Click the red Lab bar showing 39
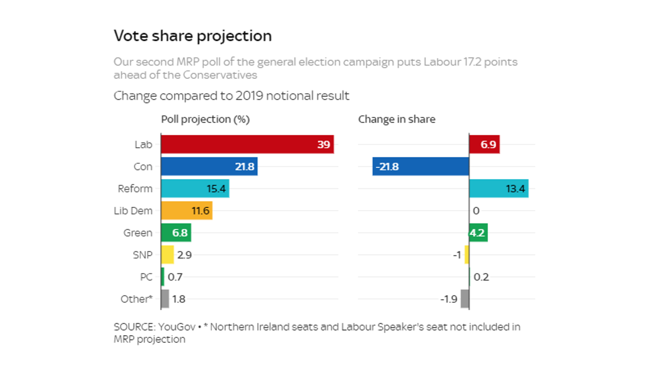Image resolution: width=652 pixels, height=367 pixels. pyautogui.click(x=247, y=144)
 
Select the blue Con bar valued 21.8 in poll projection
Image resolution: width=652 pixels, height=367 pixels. pyautogui.click(x=209, y=166)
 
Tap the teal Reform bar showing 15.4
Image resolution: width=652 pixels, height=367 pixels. pyautogui.click(x=195, y=188)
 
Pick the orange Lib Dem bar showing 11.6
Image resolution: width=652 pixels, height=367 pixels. pyautogui.click(x=187, y=210)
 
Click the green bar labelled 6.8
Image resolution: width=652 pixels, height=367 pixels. pyautogui.click(x=176, y=232)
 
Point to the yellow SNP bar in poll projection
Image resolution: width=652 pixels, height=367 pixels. pyautogui.click(x=167, y=254)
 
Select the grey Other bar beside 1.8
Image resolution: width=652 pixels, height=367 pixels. pyautogui.click(x=165, y=298)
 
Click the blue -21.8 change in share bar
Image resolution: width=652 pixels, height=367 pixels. pyautogui.click(x=421, y=166)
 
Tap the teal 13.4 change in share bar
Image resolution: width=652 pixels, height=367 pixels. pyautogui.click(x=499, y=188)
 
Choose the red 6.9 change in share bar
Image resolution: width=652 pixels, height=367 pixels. pyautogui.click(x=485, y=144)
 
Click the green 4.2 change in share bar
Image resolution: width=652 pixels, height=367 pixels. pyautogui.click(x=478, y=232)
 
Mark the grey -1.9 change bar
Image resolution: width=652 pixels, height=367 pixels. pyautogui.click(x=465, y=298)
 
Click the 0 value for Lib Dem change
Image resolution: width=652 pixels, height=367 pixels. pyautogui.click(x=476, y=211)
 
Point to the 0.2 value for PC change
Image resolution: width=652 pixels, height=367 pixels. pyautogui.click(x=481, y=277)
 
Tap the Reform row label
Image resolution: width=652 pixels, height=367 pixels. pyautogui.click(x=135, y=189)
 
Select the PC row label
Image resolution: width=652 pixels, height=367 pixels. pyautogui.click(x=146, y=277)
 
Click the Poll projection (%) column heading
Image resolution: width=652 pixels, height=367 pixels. pyautogui.click(x=205, y=119)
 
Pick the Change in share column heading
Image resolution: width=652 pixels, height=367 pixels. pyautogui.click(x=396, y=119)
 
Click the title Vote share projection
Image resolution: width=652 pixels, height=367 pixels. pyautogui.click(x=192, y=36)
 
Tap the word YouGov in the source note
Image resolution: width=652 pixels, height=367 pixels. pyautogui.click(x=176, y=327)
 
